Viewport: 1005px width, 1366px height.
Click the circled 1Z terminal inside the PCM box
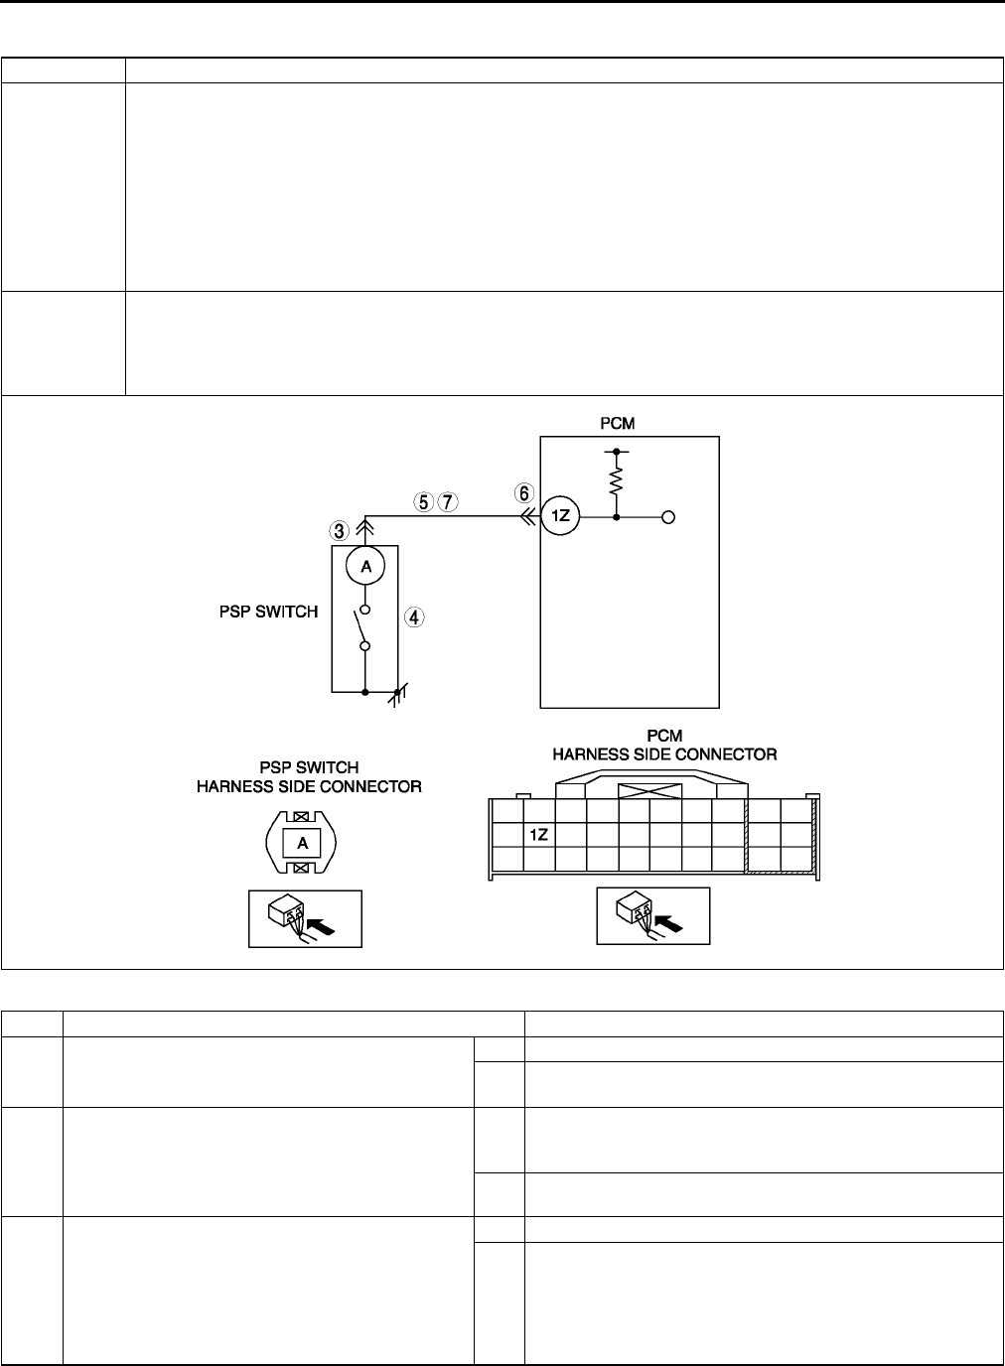(x=560, y=517)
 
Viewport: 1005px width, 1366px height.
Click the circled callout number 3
(x=340, y=528)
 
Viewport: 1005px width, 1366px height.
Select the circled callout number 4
(x=414, y=617)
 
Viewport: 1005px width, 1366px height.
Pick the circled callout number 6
(x=523, y=490)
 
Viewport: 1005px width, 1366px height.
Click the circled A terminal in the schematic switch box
(x=364, y=567)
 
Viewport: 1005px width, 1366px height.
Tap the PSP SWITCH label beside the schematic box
(x=268, y=612)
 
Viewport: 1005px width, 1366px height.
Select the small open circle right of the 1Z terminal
(x=669, y=517)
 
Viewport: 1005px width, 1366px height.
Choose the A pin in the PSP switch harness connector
(x=304, y=843)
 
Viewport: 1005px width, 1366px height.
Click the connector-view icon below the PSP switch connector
(x=304, y=918)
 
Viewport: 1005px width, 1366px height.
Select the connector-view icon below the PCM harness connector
(x=652, y=915)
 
